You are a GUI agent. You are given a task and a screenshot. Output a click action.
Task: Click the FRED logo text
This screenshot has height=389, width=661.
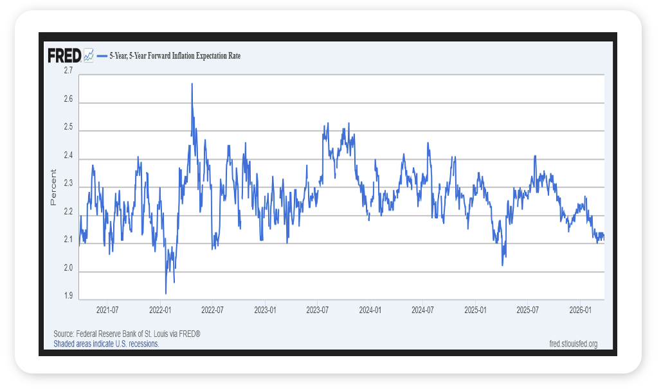click(64, 55)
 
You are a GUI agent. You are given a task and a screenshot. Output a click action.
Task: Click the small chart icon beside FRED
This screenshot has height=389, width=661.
click(89, 55)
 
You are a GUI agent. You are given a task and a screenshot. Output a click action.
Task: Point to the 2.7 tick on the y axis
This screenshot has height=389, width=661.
click(68, 71)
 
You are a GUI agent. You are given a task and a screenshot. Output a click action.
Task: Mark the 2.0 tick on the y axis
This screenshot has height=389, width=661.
click(68, 269)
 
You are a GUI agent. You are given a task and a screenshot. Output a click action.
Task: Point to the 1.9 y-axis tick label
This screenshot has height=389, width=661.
click(68, 297)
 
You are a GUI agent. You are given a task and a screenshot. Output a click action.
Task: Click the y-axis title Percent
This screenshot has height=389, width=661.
click(53, 187)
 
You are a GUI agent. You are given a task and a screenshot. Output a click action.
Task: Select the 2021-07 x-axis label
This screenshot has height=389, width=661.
click(107, 310)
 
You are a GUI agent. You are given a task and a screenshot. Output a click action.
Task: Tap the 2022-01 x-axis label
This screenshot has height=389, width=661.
click(159, 310)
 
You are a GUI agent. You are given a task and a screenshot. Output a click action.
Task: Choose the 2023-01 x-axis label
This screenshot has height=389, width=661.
click(265, 310)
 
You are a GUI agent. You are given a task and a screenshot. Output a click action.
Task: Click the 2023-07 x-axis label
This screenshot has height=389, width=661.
click(317, 310)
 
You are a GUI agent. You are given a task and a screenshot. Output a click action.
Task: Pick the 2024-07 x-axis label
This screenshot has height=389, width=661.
click(422, 310)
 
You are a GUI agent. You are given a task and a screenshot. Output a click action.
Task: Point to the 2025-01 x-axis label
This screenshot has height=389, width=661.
click(475, 310)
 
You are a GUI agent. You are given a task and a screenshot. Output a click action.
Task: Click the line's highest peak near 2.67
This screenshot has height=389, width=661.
click(192, 84)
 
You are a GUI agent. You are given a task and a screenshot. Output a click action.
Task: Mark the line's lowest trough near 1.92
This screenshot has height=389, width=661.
click(166, 293)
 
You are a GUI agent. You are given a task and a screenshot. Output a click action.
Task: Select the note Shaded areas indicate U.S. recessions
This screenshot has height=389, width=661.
click(106, 344)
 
